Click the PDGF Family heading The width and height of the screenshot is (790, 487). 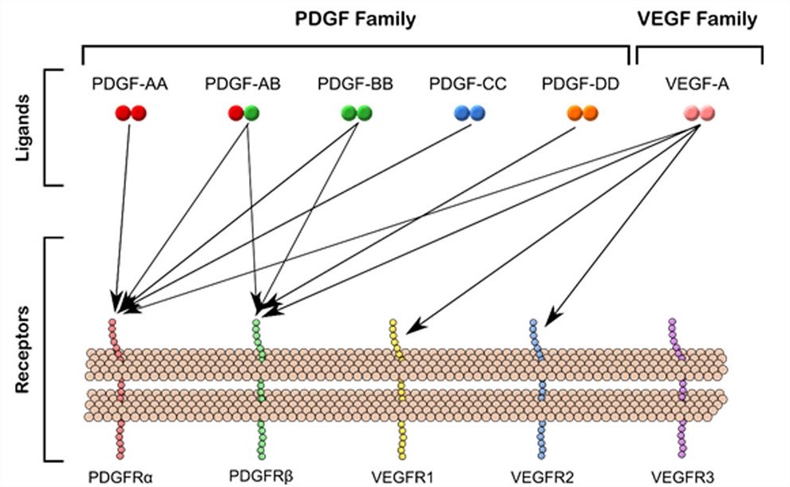coord(357,19)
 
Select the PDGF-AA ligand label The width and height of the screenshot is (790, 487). coord(129,85)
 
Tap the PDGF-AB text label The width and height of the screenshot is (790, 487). coord(242,85)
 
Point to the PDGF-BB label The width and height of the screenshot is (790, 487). coord(355,85)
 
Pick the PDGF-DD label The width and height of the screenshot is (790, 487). coord(579,85)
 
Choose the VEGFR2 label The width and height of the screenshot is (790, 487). coord(541,477)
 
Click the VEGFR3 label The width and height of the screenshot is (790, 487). coord(679,477)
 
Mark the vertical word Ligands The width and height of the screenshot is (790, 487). coord(25,129)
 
